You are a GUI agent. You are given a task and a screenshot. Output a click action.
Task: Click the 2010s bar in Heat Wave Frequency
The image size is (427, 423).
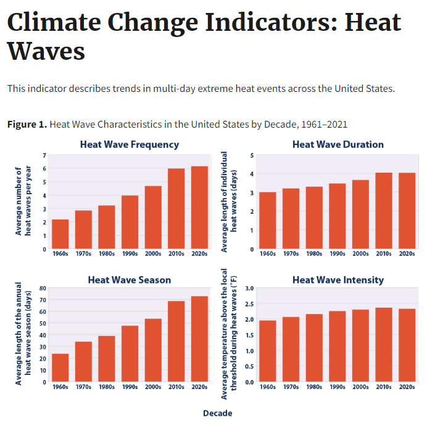176,209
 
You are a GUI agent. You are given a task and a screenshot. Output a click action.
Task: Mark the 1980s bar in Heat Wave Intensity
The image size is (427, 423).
314,348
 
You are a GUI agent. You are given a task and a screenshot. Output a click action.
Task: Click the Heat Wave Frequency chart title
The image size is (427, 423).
130,144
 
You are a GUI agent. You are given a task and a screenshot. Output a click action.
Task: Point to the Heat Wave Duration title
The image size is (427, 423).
338,144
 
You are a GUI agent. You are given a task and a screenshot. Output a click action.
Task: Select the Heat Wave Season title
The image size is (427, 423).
130,279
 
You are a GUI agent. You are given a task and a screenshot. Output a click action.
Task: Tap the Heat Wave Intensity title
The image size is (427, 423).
338,279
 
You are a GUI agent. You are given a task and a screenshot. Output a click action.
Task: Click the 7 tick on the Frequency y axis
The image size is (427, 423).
44,155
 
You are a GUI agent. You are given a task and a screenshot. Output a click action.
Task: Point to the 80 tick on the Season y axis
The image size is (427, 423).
43,288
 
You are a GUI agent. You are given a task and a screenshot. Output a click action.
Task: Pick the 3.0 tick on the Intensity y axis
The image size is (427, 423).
249,288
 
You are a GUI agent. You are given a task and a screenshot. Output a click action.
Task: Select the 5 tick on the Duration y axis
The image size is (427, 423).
251,155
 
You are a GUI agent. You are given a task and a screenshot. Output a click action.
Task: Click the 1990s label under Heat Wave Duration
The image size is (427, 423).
338,253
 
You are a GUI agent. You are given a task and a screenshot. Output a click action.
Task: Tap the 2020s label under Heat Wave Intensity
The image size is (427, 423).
407,387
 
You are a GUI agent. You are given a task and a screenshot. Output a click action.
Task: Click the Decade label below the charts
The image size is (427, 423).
217,413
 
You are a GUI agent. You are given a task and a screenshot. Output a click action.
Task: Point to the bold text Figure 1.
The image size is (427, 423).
27,125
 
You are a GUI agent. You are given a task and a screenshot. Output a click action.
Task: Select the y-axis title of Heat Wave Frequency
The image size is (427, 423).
23,201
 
